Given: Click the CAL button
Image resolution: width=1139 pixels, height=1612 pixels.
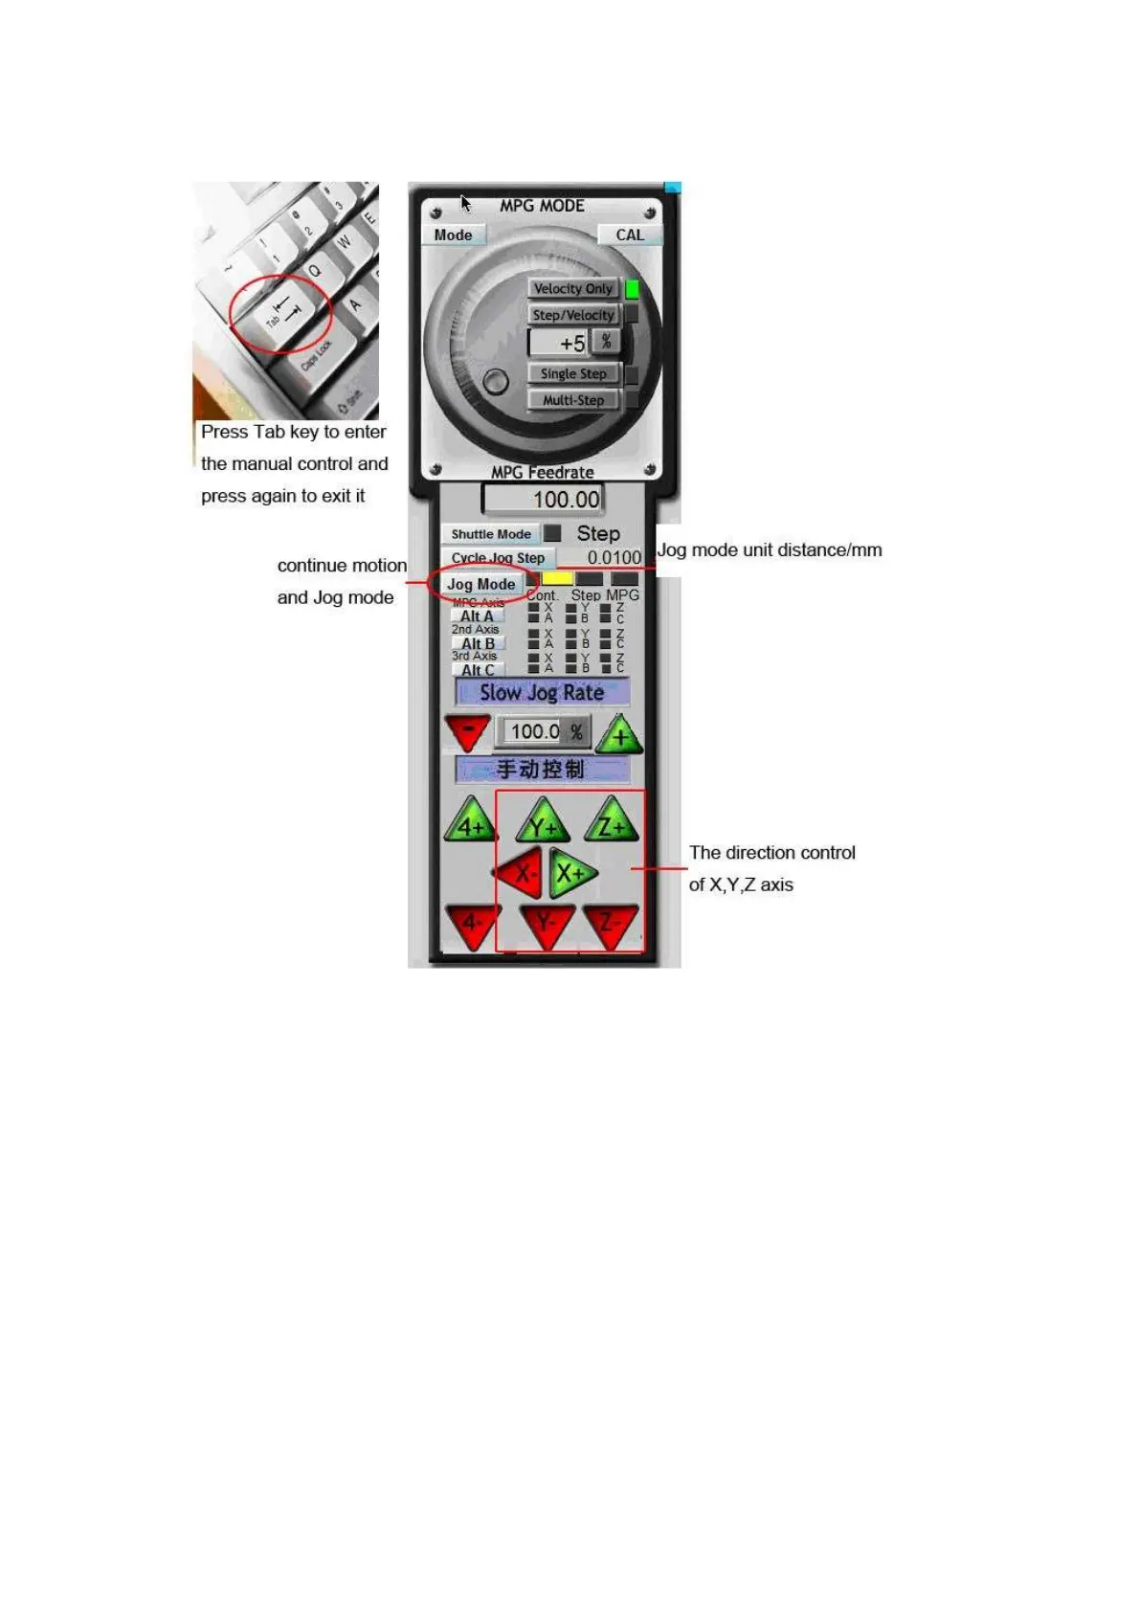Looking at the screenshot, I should pyautogui.click(x=629, y=235).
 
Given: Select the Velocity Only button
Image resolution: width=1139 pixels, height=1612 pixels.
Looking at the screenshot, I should pyautogui.click(x=572, y=288).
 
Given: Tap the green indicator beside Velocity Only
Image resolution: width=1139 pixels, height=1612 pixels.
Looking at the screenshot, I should pyautogui.click(x=633, y=288).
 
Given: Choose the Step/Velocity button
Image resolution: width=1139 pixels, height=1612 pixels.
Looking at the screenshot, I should pyautogui.click(x=572, y=315).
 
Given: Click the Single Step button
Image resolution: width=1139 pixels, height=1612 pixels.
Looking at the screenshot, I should pyautogui.click(x=572, y=373).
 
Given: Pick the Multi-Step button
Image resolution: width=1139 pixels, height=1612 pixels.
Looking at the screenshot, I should pyautogui.click(x=572, y=400).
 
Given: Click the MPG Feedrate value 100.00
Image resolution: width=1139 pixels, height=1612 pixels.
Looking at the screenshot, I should pyautogui.click(x=544, y=499).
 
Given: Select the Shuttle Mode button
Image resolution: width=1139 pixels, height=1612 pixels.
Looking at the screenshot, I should pyautogui.click(x=491, y=534).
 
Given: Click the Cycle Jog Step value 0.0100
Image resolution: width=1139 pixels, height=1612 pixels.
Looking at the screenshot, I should pyautogui.click(x=614, y=557).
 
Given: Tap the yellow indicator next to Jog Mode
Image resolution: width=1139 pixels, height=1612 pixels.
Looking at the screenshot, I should pyautogui.click(x=557, y=578).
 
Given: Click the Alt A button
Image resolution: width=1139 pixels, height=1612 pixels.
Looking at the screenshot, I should pyautogui.click(x=477, y=616).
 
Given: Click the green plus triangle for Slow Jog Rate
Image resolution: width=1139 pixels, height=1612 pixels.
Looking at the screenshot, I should pyautogui.click(x=622, y=735).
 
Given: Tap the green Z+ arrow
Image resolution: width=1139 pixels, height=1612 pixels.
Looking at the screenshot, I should pyautogui.click(x=612, y=823).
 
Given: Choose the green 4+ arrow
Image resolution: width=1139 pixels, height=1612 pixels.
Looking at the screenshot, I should pyautogui.click(x=470, y=823).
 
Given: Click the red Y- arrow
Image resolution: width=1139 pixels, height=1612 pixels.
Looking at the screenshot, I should pyautogui.click(x=546, y=924).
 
